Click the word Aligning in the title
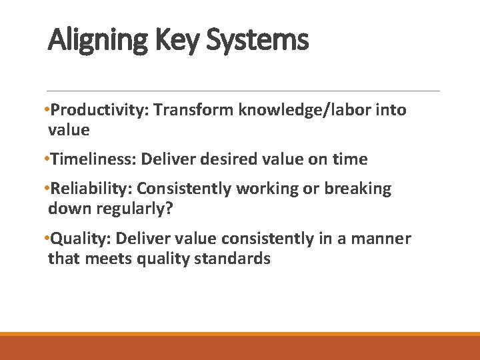(98, 41)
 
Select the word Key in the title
(177, 41)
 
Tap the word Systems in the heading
(257, 41)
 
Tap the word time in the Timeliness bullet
(351, 159)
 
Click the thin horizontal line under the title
(243, 91)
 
